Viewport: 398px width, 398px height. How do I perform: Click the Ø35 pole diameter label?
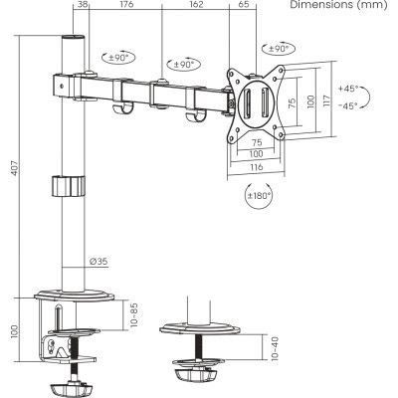click(99, 261)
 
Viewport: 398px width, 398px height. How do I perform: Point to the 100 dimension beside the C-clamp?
click(14, 330)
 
